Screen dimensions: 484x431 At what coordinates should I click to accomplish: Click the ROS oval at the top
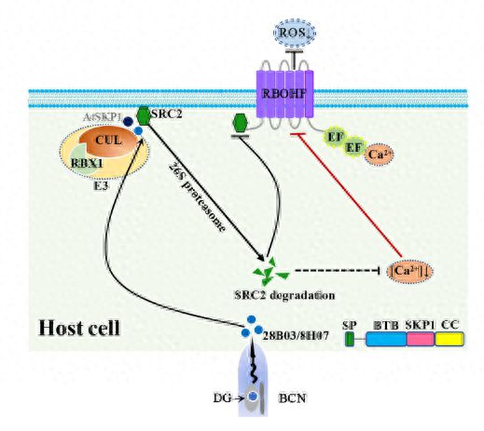tap(294, 32)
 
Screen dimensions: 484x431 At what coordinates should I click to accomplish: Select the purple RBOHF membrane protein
tap(285, 94)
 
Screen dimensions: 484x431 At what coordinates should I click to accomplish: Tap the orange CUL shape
tap(108, 141)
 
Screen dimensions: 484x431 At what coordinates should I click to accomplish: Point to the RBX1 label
tap(87, 163)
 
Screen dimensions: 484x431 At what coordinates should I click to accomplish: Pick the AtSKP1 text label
tap(103, 116)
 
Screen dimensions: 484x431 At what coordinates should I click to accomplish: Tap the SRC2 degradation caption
tap(284, 295)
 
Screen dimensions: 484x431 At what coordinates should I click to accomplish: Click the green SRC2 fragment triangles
tap(270, 272)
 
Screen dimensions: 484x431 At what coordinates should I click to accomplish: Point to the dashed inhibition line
tap(338, 270)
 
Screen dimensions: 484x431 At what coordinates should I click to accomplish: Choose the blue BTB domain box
tap(386, 339)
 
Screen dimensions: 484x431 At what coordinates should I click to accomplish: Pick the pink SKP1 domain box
tap(421, 339)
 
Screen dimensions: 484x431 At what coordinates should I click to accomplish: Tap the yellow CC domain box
tap(449, 339)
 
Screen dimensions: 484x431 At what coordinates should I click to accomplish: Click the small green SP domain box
tap(349, 339)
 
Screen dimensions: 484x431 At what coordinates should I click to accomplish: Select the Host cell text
tap(79, 328)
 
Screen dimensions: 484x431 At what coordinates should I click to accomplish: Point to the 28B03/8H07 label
tap(296, 335)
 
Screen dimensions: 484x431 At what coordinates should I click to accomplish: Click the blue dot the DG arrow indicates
tap(254, 396)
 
